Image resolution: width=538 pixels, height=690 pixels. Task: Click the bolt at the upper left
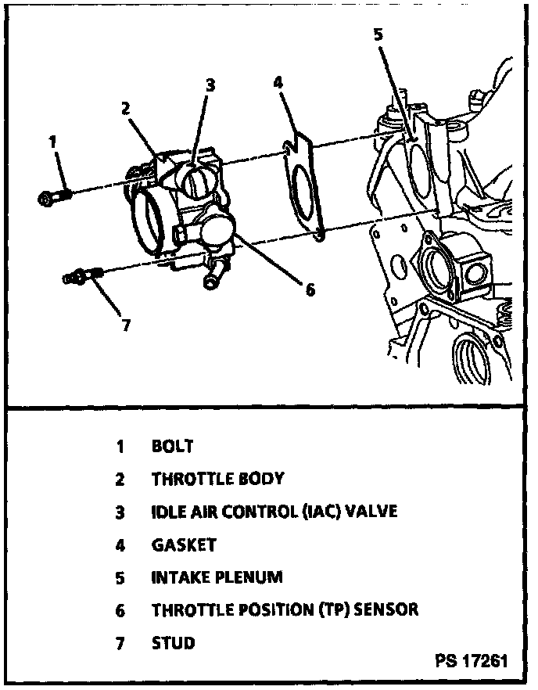[x=52, y=196]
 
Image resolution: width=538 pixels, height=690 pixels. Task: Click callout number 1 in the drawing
[x=52, y=142]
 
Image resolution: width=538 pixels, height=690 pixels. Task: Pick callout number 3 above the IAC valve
[x=210, y=85]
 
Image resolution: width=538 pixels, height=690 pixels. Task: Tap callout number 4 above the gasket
[x=278, y=81]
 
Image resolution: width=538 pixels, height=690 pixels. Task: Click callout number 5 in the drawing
[x=378, y=34]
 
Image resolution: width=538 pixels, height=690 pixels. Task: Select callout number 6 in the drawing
[x=310, y=289]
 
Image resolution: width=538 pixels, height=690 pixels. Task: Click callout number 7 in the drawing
[x=126, y=325]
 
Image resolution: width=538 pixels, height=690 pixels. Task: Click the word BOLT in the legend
[x=172, y=447]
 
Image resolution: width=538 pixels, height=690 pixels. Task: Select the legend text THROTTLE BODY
[x=217, y=479]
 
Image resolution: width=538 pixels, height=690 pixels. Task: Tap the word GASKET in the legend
[x=183, y=544]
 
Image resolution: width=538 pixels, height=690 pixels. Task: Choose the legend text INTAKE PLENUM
[x=217, y=578]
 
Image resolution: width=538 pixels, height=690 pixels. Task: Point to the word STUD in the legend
[x=173, y=643]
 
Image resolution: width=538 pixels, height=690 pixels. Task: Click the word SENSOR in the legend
[x=386, y=610]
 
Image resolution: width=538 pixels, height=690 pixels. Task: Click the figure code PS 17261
[x=471, y=661]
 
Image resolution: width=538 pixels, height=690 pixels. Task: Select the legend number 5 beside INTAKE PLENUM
[x=120, y=578]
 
